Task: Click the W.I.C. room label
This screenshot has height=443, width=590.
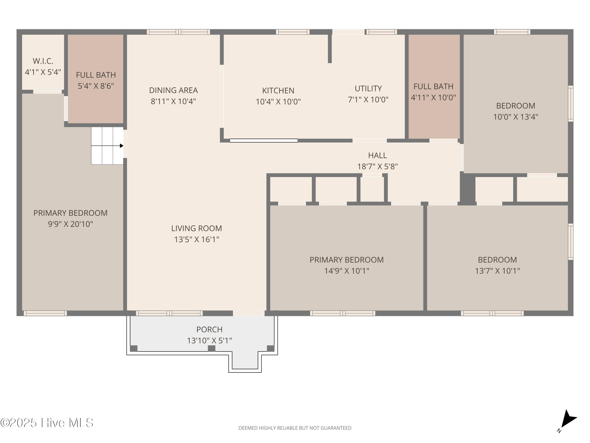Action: click(43, 61)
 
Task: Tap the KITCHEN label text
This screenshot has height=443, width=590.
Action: click(278, 91)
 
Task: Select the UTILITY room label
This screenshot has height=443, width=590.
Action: click(368, 88)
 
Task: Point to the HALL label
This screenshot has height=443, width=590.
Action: click(377, 155)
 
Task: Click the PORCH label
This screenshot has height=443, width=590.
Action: click(209, 330)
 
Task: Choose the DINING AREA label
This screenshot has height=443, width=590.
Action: click(173, 90)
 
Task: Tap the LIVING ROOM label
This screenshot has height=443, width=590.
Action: click(197, 228)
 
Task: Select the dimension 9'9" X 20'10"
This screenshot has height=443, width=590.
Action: click(70, 224)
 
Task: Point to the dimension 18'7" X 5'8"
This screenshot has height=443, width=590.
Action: click(377, 167)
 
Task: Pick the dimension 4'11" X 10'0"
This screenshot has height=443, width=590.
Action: click(433, 98)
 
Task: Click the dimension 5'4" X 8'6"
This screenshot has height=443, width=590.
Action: click(96, 86)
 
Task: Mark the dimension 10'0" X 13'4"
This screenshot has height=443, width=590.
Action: click(516, 117)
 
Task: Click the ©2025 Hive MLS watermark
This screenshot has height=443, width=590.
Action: click(47, 423)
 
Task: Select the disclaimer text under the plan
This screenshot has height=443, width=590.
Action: click(295, 428)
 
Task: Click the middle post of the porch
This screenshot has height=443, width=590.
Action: click(211, 348)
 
